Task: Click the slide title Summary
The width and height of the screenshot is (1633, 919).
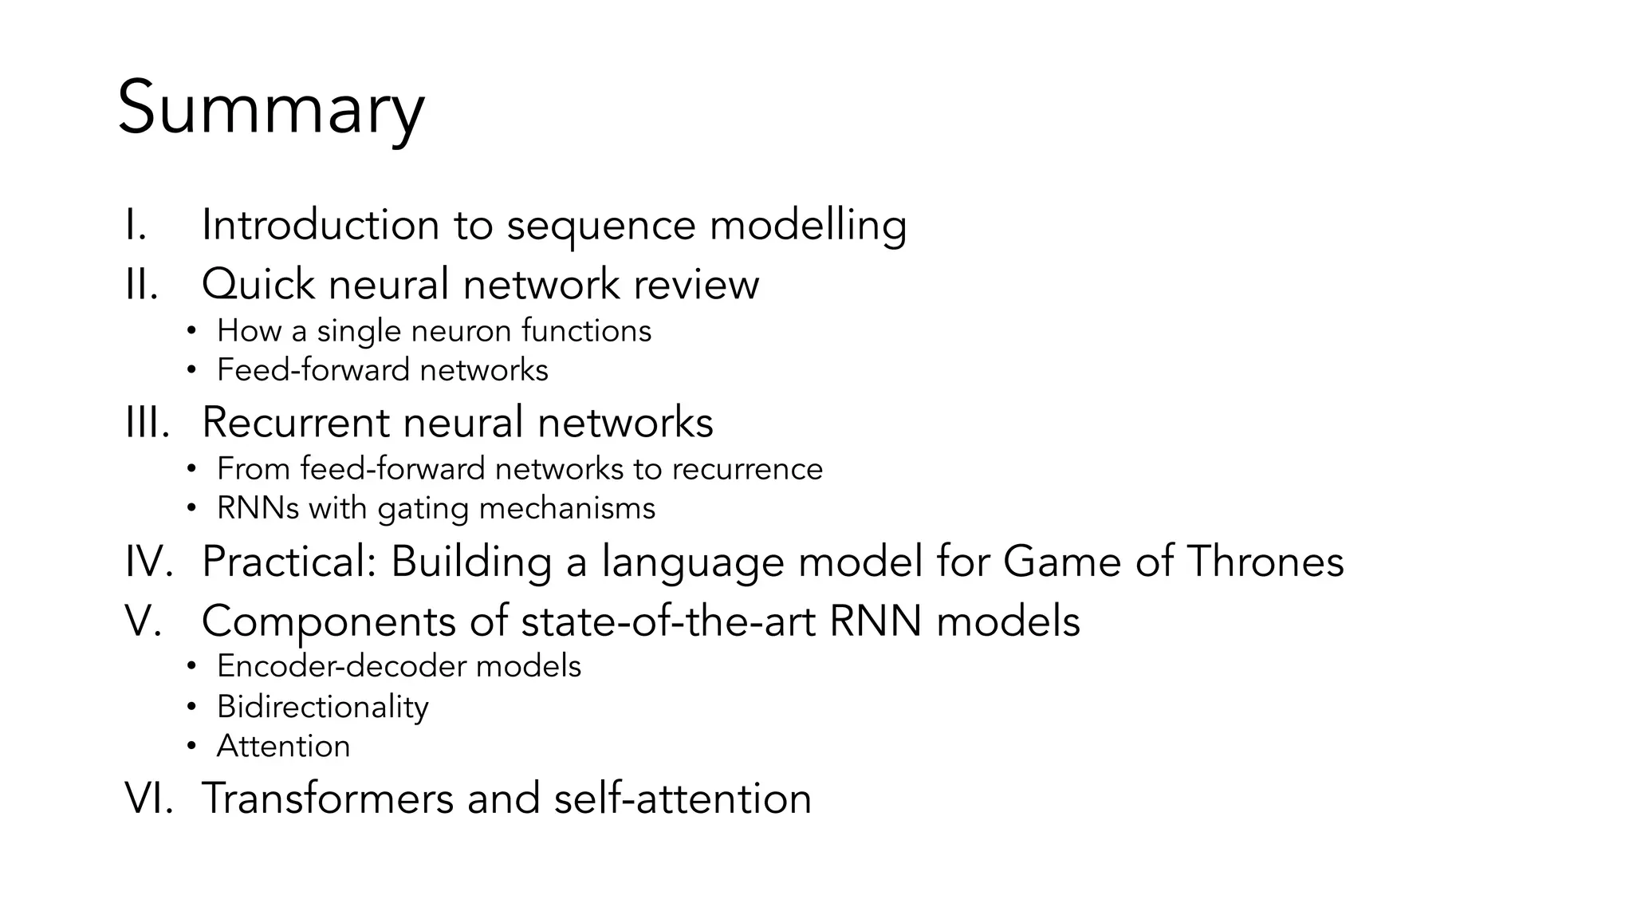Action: click(x=271, y=109)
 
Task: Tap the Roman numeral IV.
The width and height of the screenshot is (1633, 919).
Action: click(x=148, y=561)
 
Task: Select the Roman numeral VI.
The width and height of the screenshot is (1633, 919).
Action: click(x=148, y=798)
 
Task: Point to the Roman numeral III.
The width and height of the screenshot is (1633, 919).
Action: click(x=148, y=422)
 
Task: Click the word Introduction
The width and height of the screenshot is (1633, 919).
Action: click(x=320, y=224)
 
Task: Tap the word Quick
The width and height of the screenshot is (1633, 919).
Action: click(x=258, y=284)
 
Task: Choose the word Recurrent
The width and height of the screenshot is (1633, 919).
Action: click(x=295, y=422)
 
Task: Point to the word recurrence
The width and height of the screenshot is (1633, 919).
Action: click(x=747, y=468)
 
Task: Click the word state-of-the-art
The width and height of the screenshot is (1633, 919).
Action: click(x=668, y=621)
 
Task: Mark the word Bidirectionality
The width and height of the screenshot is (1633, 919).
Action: click(x=322, y=707)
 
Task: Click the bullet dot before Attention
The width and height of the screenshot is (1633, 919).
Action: click(x=191, y=747)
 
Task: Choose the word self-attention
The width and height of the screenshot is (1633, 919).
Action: click(x=683, y=798)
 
